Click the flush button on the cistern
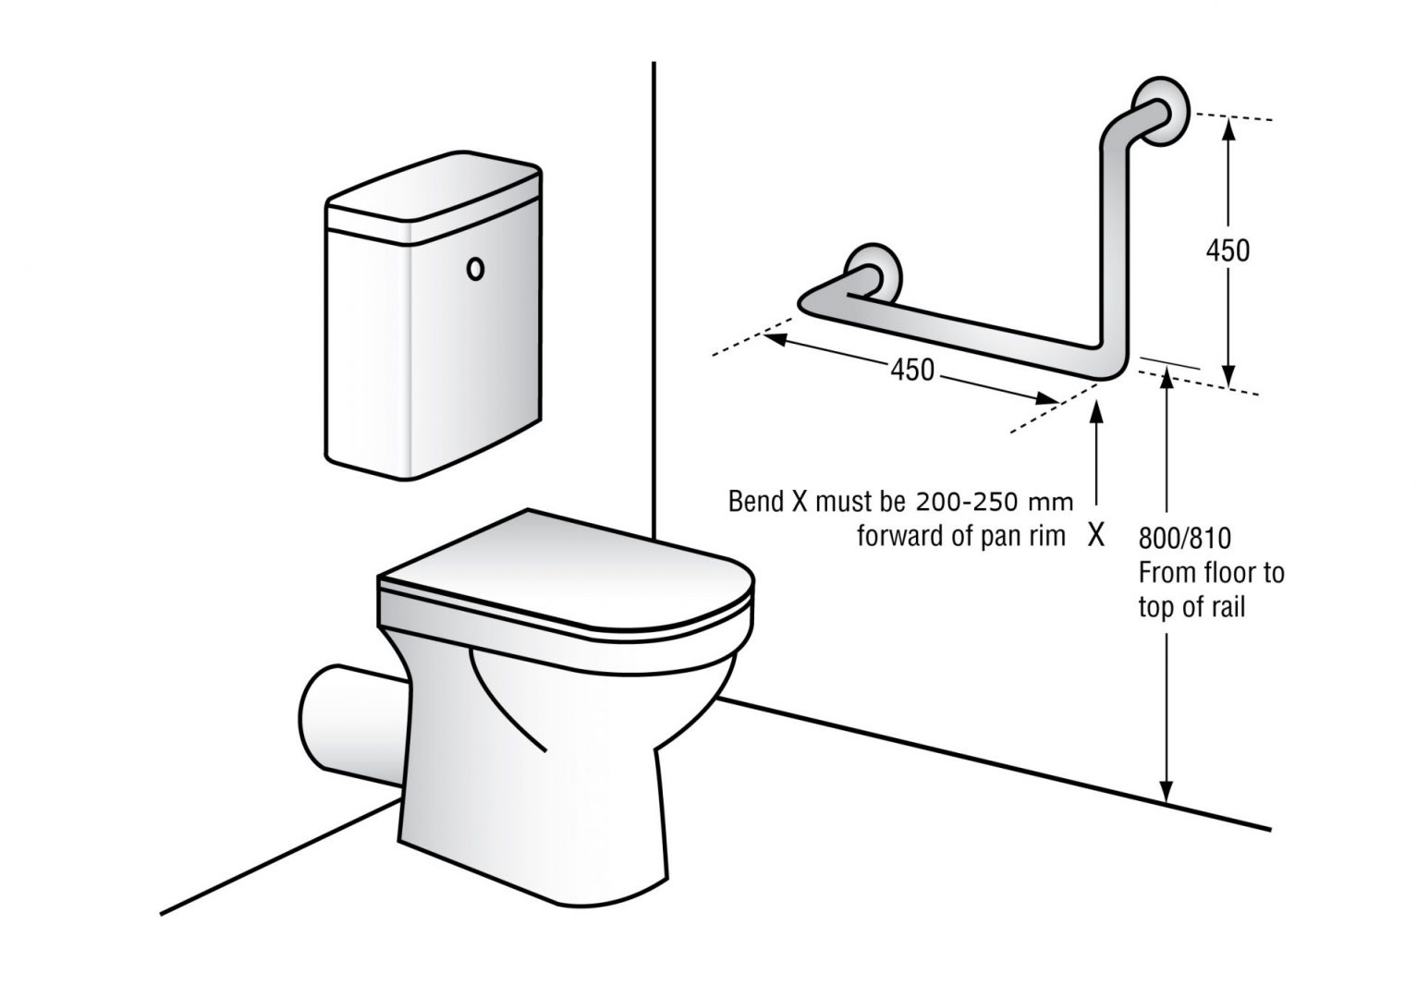coord(475,269)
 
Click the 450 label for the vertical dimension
coord(1228,250)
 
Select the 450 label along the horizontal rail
coord(911,370)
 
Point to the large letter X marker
coord(1096,535)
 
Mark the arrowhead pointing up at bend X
coord(1096,416)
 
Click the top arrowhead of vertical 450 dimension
coord(1228,129)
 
